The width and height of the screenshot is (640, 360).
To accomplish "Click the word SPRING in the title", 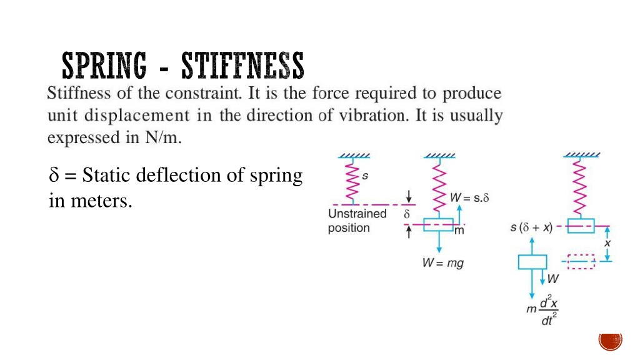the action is pyautogui.click(x=104, y=65).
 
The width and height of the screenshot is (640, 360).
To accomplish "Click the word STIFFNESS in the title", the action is pyautogui.click(x=243, y=65).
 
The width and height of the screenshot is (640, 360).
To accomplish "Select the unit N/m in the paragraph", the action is pyautogui.click(x=163, y=137).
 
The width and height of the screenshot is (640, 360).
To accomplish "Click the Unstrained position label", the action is pyautogui.click(x=357, y=221).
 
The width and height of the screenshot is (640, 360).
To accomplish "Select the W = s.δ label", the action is pyautogui.click(x=469, y=198).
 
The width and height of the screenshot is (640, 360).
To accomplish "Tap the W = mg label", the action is pyautogui.click(x=443, y=263).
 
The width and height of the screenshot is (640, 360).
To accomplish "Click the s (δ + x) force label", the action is pyautogui.click(x=531, y=227).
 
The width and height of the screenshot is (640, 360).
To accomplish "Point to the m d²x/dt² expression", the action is pyautogui.click(x=542, y=310).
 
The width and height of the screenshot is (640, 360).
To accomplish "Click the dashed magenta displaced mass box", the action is pyautogui.click(x=581, y=262).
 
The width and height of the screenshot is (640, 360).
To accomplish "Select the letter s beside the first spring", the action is pyautogui.click(x=365, y=176).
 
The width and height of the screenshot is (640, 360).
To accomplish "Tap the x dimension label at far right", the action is pyautogui.click(x=607, y=243).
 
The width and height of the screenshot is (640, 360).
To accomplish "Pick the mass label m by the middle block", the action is pyautogui.click(x=459, y=231).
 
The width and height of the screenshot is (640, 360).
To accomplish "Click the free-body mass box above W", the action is pyautogui.click(x=532, y=262).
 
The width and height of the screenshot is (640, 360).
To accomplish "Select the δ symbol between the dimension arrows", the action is pyautogui.click(x=406, y=214).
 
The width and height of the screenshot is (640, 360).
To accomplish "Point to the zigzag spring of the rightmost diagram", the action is pyautogui.click(x=579, y=187).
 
